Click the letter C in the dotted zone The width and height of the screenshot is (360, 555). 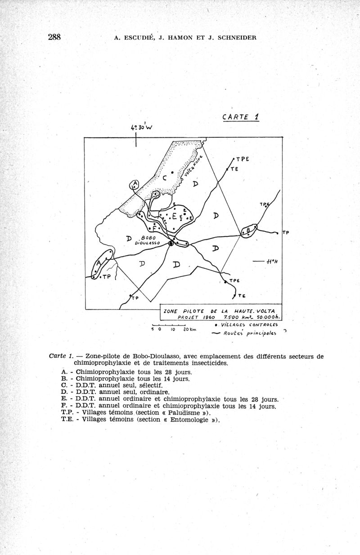(165, 177)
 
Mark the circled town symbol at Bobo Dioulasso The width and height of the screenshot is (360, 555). (171, 244)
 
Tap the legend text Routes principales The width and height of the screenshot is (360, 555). (252, 334)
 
